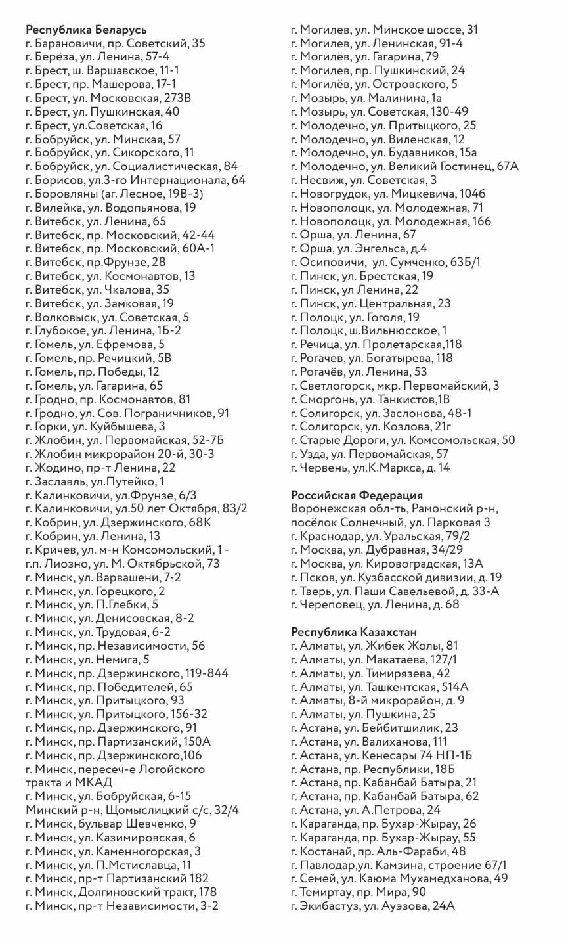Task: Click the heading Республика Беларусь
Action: coord(86,30)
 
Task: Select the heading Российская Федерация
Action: coord(357,495)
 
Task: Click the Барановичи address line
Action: coord(116,43)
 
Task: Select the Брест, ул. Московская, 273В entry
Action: coord(108,98)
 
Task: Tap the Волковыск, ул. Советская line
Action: coord(107,317)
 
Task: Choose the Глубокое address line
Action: coord(103,331)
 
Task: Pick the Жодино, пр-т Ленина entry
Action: coord(100,468)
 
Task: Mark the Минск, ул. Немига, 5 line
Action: coord(87,660)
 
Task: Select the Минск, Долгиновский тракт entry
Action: coord(121,892)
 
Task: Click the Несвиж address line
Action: coord(364,180)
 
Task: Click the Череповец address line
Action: coord(375,604)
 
